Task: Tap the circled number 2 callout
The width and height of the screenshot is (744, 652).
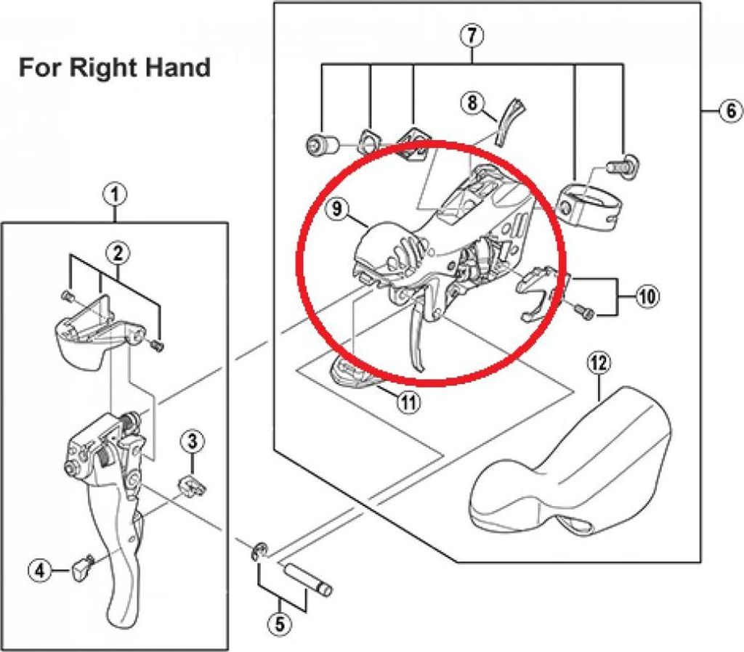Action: tap(118, 253)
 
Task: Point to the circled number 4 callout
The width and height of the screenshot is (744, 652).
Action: tap(40, 571)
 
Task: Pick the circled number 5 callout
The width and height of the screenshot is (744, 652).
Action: tap(280, 623)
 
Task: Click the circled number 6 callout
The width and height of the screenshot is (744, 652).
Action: tap(730, 110)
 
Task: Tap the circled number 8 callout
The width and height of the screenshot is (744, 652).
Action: tap(472, 102)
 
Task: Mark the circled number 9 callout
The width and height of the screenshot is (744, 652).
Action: tap(336, 208)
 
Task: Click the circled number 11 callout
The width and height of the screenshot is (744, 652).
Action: tap(408, 402)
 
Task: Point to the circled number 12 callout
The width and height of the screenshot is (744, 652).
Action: tap(599, 364)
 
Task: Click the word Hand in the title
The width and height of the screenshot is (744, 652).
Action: tap(177, 68)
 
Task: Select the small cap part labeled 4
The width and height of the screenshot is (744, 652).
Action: tap(81, 567)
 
